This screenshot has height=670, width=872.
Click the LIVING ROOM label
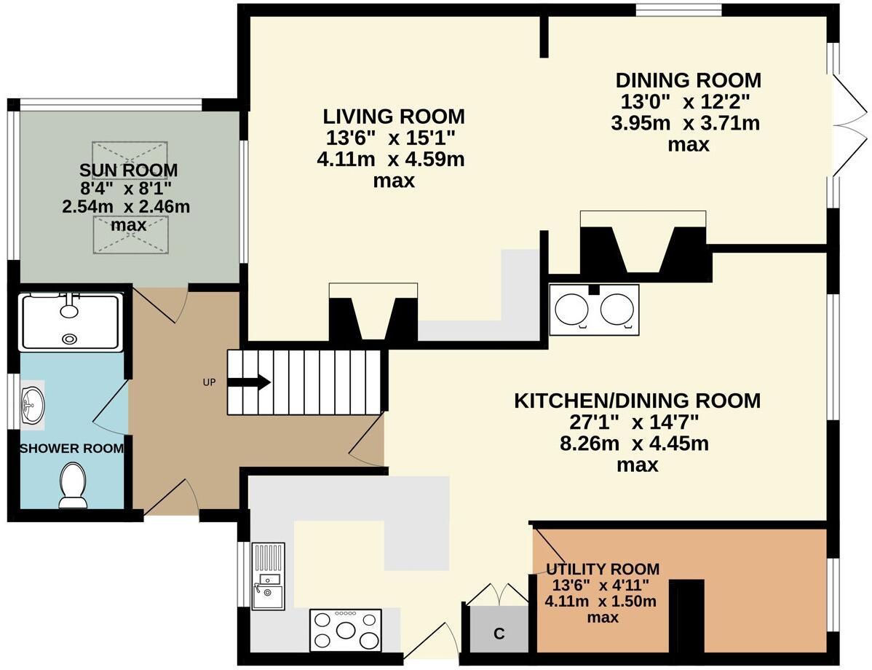(394, 117)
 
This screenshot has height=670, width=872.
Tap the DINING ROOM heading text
(688, 80)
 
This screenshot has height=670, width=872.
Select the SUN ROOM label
(128, 171)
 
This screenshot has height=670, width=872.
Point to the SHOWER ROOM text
(71, 448)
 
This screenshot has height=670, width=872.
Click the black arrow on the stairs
(253, 382)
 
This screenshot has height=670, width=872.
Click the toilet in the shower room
(72, 486)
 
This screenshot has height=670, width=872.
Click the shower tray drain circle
(70, 339)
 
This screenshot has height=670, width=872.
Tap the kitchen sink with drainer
(268, 575)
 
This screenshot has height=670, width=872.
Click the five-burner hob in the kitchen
(346, 630)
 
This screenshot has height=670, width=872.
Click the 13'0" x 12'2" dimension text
(686, 102)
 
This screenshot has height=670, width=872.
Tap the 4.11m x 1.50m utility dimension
(601, 602)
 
